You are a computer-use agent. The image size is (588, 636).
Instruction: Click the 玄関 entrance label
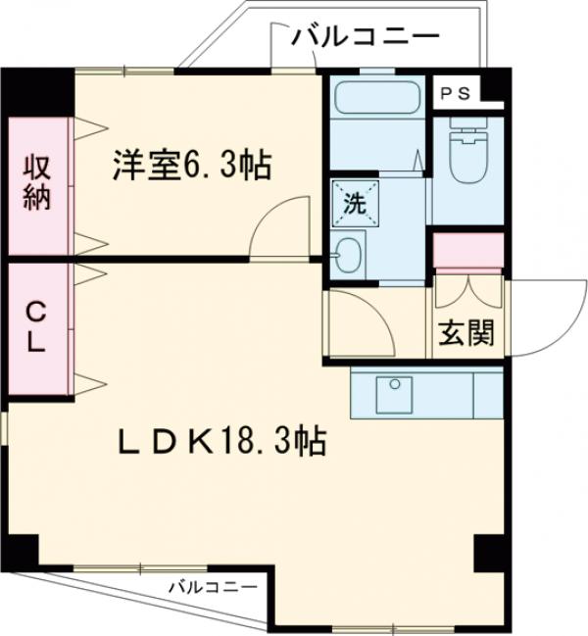click(465, 333)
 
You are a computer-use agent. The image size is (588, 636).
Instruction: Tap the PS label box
click(455, 94)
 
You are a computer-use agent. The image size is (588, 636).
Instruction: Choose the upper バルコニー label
click(365, 38)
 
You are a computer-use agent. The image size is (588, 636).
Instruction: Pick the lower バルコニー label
click(212, 587)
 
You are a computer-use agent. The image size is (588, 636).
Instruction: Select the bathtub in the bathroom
click(377, 96)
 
